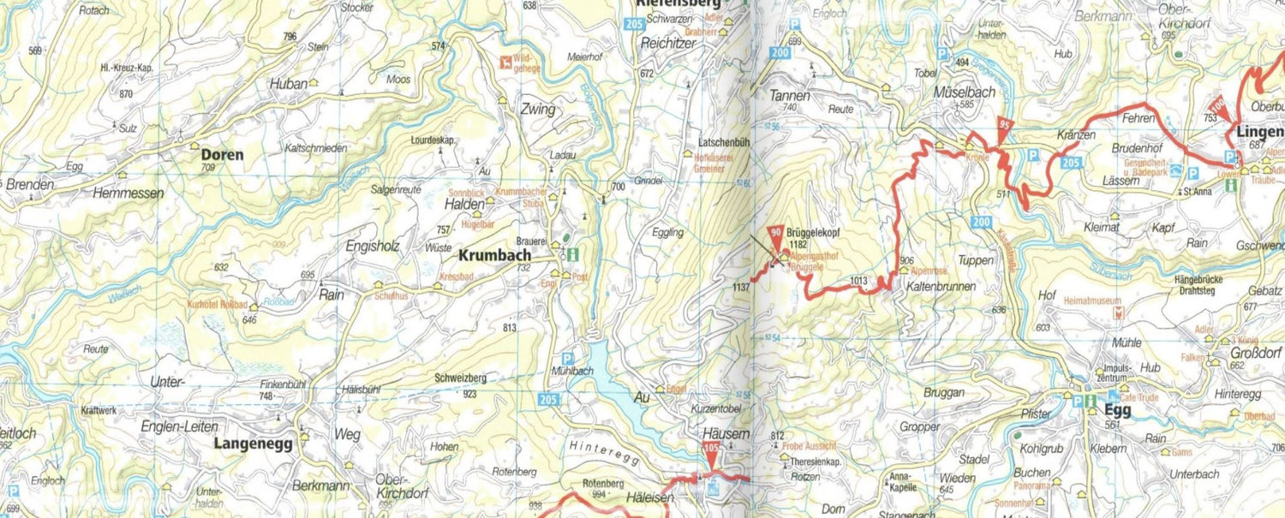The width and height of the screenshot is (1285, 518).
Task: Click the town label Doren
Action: [x=222, y=155]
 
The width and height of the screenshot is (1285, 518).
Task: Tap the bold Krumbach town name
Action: [x=494, y=255]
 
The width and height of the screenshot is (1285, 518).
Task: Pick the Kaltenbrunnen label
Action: [x=939, y=287]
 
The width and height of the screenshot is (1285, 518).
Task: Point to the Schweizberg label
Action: [x=460, y=378]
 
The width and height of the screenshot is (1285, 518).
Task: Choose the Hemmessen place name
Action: [x=128, y=194]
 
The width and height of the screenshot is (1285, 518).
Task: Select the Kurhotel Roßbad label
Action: [x=218, y=305]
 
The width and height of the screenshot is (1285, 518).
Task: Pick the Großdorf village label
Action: [x=1252, y=351]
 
